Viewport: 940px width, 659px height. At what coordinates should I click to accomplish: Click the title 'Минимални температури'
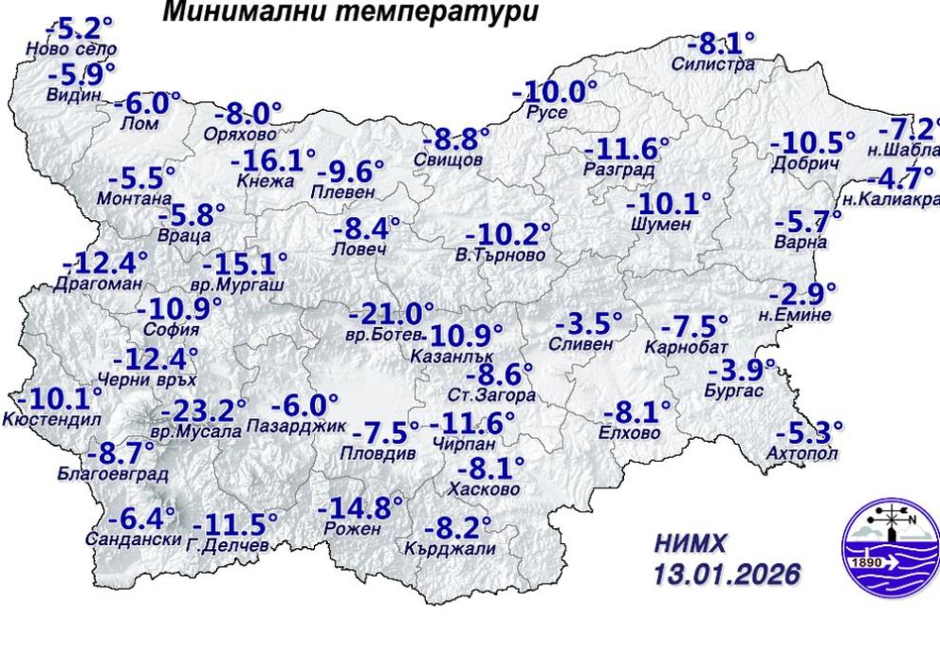(350, 13)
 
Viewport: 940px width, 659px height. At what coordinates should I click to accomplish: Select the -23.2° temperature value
(203, 412)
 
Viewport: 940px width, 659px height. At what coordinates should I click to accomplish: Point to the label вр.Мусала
(196, 431)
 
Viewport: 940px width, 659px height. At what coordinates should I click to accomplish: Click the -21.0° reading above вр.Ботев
(391, 314)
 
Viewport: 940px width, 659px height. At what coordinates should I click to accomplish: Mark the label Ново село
(72, 48)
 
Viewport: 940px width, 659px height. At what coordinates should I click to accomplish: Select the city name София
(172, 329)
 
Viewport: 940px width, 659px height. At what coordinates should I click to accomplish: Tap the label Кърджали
(450, 548)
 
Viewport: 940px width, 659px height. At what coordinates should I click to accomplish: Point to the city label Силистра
(713, 64)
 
